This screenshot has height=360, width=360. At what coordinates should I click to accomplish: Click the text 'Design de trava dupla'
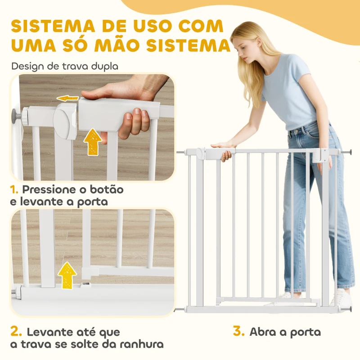tap(65, 66)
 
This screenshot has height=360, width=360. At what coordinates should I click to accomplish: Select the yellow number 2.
tap(16, 333)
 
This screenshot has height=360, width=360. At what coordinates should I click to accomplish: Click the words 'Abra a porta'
tap(285, 332)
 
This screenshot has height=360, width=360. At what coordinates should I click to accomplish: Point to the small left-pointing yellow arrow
tap(68, 98)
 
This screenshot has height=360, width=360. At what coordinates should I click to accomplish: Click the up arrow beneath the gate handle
tap(93, 141)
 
